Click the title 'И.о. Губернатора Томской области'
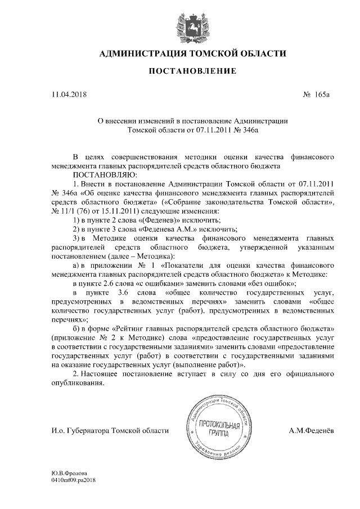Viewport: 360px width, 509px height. [107, 431]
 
